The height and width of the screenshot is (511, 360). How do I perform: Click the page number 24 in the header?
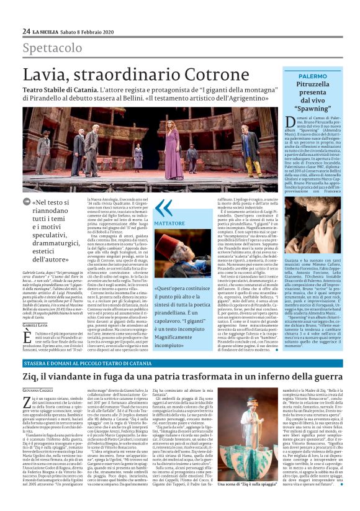(27, 31)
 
